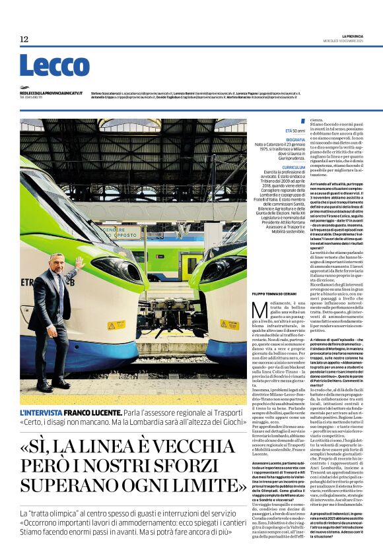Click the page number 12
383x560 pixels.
(x=24, y=40)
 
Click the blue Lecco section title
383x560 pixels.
(x=54, y=67)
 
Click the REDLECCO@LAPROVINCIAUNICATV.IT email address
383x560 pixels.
(x=51, y=94)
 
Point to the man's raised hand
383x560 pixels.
(x=80, y=262)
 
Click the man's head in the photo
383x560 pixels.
(x=57, y=262)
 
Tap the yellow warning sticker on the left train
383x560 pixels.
(x=116, y=325)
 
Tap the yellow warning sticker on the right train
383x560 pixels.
(x=229, y=325)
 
